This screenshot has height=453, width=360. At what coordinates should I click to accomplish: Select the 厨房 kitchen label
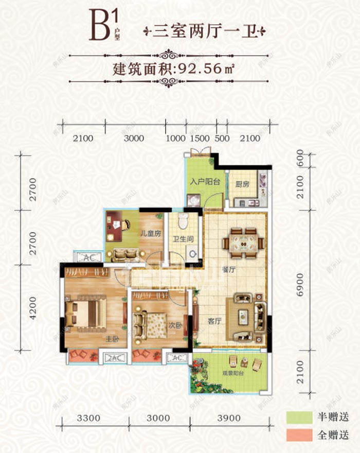243,184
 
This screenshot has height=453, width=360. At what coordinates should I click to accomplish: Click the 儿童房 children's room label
151,233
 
